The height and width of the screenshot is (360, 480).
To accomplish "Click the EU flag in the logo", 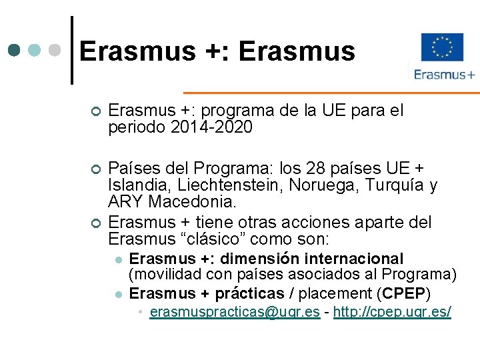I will (x=442, y=47).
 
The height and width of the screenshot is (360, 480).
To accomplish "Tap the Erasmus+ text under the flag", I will (x=444, y=75).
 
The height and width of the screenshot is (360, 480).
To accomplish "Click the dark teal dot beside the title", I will (x=15, y=50).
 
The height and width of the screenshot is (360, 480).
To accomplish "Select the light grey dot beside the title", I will (x=55, y=50).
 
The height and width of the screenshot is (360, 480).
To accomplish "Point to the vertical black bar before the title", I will (x=72, y=50).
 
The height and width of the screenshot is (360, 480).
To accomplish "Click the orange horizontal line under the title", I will (x=330, y=92).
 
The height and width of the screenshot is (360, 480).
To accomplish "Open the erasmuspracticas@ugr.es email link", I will (x=235, y=311).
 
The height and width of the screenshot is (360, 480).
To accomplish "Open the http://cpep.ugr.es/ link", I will (x=392, y=311).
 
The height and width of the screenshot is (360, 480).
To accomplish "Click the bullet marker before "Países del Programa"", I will (x=96, y=169).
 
